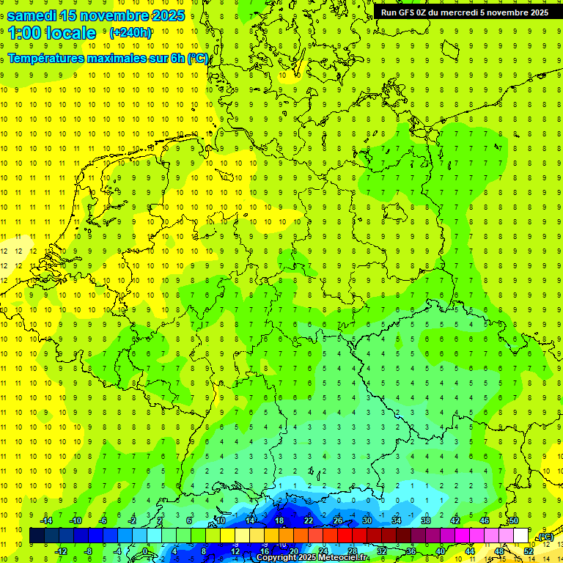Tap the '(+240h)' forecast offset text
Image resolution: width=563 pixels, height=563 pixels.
pos(130,33)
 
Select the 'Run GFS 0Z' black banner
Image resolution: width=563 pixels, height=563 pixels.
pos(464,12)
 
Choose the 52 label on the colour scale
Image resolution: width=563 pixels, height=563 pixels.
pos(529,551)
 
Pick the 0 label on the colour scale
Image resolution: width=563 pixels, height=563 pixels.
pos(145,551)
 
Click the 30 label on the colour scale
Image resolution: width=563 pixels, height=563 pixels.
pos(367,520)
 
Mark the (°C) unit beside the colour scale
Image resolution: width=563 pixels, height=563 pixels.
pos(545,537)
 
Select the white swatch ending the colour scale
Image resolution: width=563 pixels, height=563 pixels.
pos(520,536)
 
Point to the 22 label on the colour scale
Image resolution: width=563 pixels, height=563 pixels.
pos(309,520)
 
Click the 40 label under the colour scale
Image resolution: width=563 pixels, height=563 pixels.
pos(441,551)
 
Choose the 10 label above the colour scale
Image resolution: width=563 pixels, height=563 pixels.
pos(221,520)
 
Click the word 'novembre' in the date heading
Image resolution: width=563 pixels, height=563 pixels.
pos(109,15)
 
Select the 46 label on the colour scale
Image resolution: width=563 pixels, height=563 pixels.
pos(485,520)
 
